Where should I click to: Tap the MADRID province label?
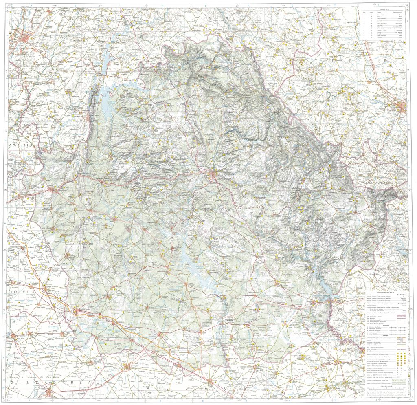click(21, 144)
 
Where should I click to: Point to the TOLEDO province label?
click(20, 292)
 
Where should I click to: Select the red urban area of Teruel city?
click(404, 107)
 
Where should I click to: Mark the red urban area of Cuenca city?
click(213, 175)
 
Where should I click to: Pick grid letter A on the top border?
click(30, 4)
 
